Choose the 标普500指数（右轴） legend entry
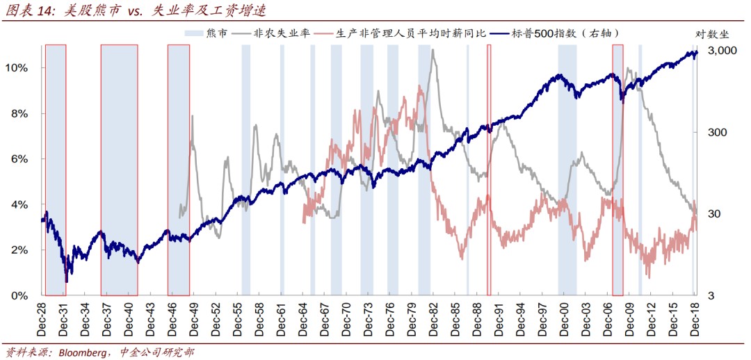pos(564,33)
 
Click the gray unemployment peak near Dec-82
pos(433,50)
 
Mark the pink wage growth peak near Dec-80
pos(420,86)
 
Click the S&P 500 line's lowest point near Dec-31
pos(66,281)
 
